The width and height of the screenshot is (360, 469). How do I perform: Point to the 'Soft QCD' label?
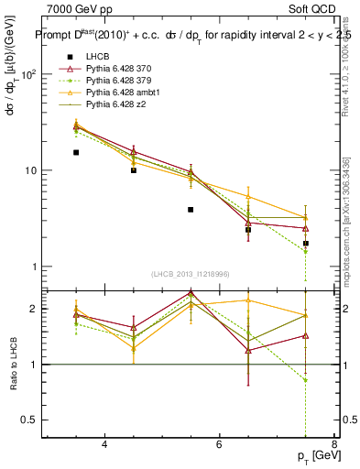pos(314,9)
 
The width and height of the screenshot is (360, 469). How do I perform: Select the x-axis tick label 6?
pos(219,444)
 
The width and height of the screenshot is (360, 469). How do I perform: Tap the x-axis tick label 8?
pos(334,444)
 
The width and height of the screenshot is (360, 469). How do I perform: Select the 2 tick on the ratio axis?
pos(33,309)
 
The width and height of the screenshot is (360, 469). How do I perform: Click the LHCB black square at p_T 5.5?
pos(191,210)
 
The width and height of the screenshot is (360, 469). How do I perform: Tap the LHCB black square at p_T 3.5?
pos(76,153)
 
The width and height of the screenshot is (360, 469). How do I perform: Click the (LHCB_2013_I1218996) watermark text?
pos(190,275)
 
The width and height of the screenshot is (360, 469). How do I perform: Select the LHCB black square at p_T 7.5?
pos(306,244)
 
